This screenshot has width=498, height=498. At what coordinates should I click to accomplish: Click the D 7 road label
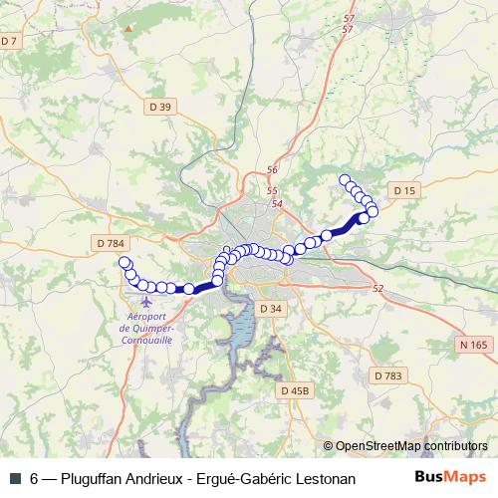click(x=10, y=41)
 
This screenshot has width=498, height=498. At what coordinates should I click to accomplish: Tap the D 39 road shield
click(x=164, y=108)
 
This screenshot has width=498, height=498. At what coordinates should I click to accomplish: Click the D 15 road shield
click(x=403, y=190)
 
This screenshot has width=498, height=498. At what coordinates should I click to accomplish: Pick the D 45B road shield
click(x=297, y=390)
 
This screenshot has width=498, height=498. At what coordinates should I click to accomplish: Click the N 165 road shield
click(x=475, y=345)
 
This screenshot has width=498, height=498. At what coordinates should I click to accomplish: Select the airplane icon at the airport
click(x=147, y=299)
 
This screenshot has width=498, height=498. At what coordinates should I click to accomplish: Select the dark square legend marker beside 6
click(x=13, y=479)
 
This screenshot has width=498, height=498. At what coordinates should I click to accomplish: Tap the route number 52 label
click(x=377, y=289)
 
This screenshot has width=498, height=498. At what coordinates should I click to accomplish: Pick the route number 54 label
click(x=277, y=204)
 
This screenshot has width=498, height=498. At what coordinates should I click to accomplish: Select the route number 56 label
click(x=271, y=171)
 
